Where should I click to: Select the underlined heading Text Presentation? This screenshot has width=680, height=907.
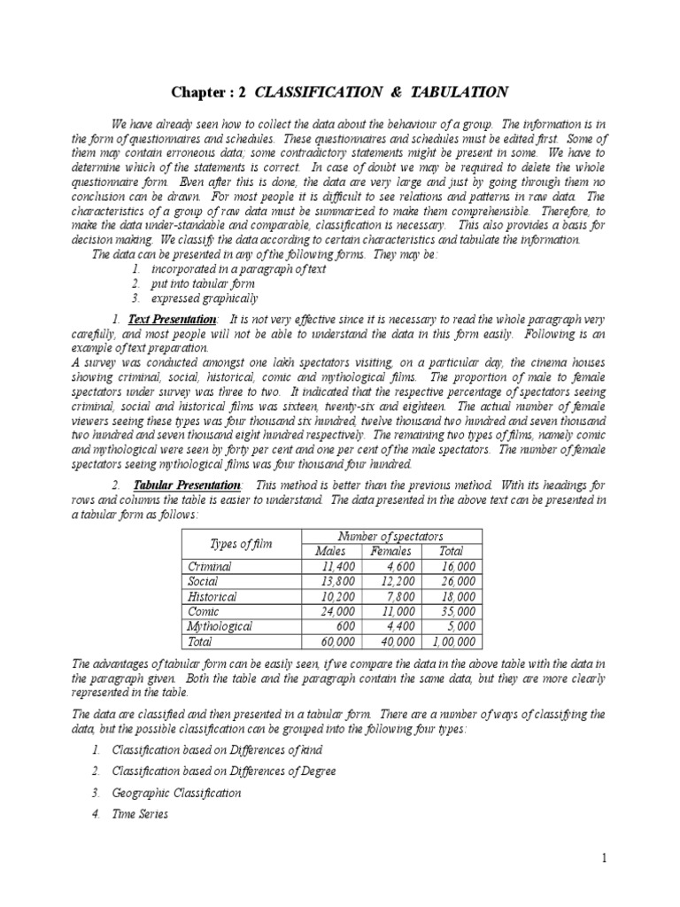pos(172,319)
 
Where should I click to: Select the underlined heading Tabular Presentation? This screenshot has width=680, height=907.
pos(187,485)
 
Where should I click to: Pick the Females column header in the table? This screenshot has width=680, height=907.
pos(390,552)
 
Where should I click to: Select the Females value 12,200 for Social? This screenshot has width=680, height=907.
pos(397,582)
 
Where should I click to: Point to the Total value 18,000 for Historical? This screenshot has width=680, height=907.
pos(457,597)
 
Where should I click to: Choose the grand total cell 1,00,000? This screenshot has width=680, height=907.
pos(452,642)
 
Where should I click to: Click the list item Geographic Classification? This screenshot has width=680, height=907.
pos(176,793)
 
